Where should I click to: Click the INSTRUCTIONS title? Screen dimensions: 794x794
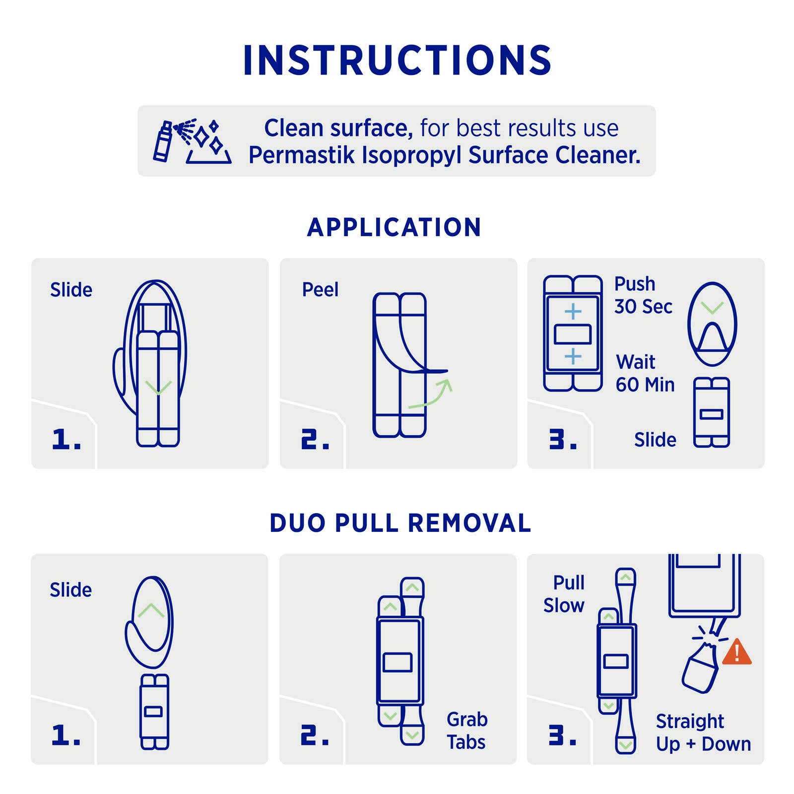click(x=397, y=61)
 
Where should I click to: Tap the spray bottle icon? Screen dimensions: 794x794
click(x=163, y=141)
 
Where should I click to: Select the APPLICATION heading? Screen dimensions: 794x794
click(x=395, y=227)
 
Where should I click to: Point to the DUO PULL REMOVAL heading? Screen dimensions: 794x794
click(x=400, y=523)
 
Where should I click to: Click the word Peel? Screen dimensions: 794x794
click(x=320, y=289)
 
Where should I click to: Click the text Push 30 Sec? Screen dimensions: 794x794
click(x=643, y=295)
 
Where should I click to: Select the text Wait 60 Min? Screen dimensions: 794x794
click(x=645, y=373)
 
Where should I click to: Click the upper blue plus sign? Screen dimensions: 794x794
click(x=573, y=312)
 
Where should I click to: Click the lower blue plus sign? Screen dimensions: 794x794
click(x=573, y=356)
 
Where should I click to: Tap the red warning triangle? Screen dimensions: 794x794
click(x=737, y=652)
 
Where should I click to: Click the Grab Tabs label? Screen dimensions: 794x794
click(x=467, y=730)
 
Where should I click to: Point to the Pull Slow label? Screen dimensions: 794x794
click(x=564, y=594)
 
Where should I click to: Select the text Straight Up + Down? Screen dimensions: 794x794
click(x=703, y=732)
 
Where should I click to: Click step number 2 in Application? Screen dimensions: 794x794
click(x=315, y=439)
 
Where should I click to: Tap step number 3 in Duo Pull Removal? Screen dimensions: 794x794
click(x=562, y=735)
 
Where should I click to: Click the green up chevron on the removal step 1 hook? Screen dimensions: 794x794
click(x=151, y=610)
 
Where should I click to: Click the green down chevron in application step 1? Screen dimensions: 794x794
click(x=158, y=387)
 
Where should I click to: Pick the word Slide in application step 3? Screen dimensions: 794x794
click(x=655, y=440)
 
